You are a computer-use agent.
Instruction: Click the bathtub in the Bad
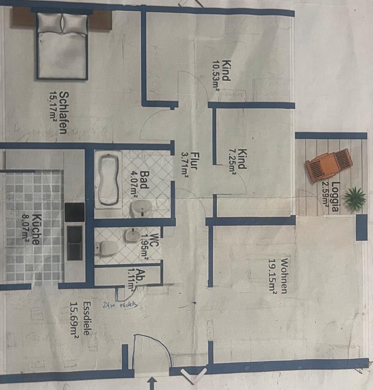[108, 179]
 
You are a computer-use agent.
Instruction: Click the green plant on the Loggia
[354, 199]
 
